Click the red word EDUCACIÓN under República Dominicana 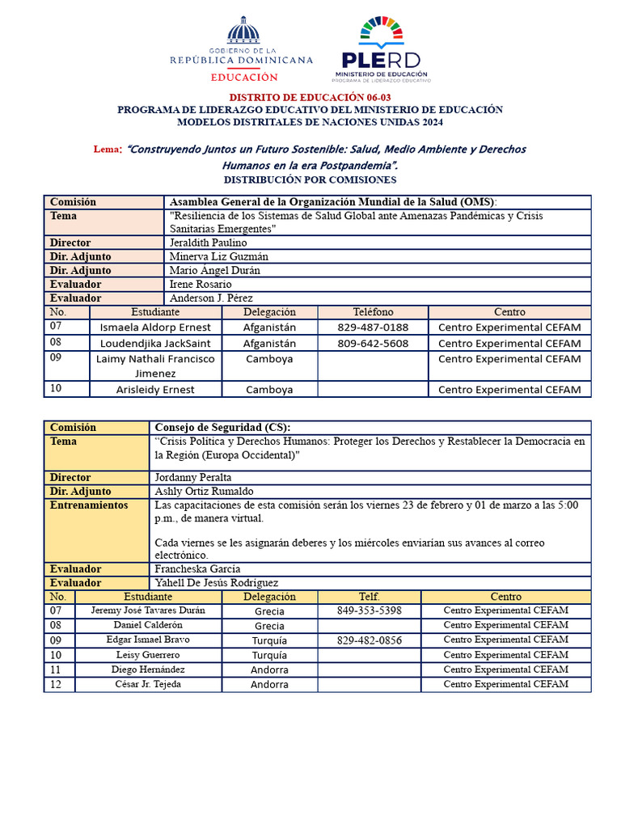[x=244, y=78]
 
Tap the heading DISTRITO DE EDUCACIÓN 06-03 [x=310, y=97]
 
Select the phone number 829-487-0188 [x=373, y=327]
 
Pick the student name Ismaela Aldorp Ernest [x=154, y=327]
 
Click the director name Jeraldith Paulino [x=209, y=243]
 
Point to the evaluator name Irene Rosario [x=201, y=285]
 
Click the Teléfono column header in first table [x=373, y=312]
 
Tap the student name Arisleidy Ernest [x=154, y=390]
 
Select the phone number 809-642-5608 [x=373, y=343]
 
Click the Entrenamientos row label [x=89, y=505]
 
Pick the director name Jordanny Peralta [x=193, y=478]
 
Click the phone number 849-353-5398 [x=369, y=610]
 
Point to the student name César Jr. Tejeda [x=148, y=685]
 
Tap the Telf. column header [x=369, y=597]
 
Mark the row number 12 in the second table [x=56, y=685]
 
